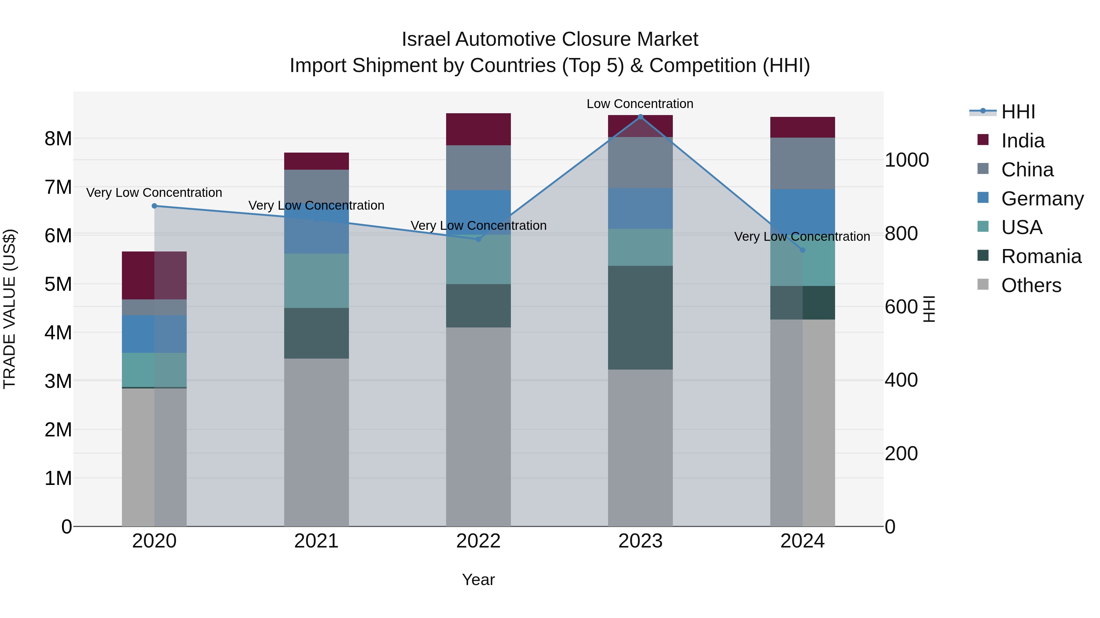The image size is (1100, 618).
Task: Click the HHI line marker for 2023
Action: [640, 117]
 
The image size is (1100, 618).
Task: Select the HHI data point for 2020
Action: [155, 206]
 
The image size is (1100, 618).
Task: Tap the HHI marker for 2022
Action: [478, 239]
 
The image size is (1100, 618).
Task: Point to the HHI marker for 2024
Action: [802, 250]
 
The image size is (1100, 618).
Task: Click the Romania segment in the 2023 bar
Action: [640, 318]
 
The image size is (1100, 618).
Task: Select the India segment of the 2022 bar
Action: [478, 129]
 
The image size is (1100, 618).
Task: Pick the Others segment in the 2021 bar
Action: [317, 442]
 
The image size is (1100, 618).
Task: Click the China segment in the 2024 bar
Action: [802, 163]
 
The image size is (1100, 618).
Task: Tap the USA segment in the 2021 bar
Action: [317, 281]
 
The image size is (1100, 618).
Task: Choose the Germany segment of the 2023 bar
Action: [640, 208]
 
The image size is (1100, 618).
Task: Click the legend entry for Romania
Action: [1041, 256]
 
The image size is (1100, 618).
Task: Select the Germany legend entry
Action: [1042, 199]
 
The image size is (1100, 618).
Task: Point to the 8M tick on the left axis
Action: [58, 139]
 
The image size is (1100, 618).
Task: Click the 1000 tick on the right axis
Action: [907, 160]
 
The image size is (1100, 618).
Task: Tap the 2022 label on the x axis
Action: [478, 541]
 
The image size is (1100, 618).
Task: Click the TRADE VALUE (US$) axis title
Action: [9, 309]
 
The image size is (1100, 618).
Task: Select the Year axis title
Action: [478, 580]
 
